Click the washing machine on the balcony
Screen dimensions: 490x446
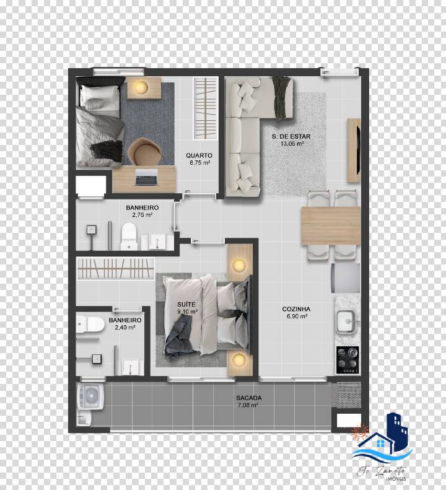(90, 397)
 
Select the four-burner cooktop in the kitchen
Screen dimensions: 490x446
(348, 358)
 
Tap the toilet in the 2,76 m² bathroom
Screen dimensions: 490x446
(129, 236)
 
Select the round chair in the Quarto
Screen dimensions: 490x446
(143, 151)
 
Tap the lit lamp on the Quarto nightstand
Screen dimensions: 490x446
(142, 88)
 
